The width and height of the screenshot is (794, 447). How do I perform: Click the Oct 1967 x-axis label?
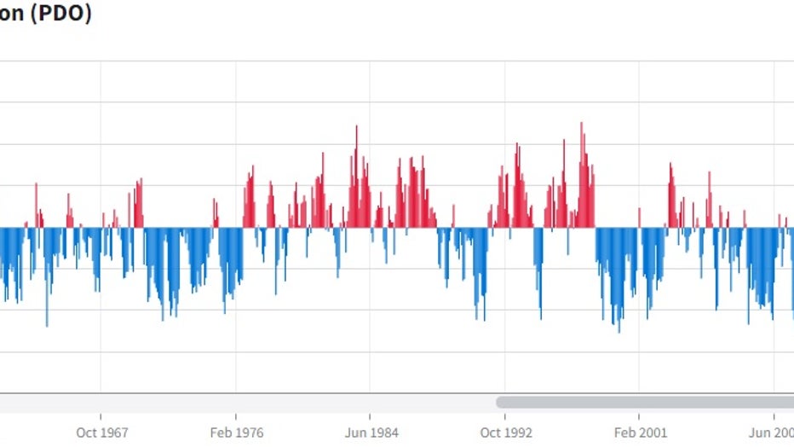tap(101, 432)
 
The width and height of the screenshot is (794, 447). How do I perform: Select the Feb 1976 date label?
tap(236, 432)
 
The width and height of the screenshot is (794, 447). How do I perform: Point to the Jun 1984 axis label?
tap(370, 432)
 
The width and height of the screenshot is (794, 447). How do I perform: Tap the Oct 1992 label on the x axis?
tap(505, 432)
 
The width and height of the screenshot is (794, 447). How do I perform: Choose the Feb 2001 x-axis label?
tap(640, 432)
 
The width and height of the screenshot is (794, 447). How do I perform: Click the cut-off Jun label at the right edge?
tap(782, 432)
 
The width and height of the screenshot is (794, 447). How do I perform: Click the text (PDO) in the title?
tap(60, 15)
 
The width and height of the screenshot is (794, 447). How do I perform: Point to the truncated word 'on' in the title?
tap(11, 15)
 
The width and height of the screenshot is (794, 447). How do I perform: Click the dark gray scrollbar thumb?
tap(645, 402)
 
